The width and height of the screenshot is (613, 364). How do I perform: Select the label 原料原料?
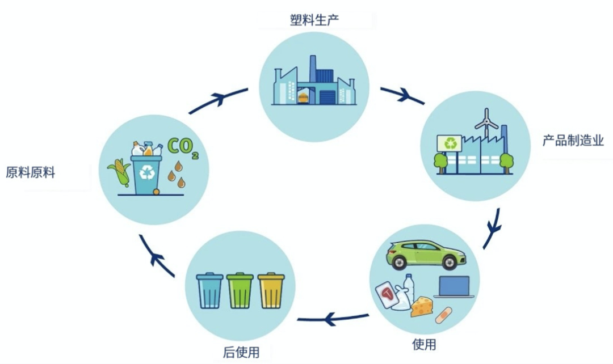point(31,172)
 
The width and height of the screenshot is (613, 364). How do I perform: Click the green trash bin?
point(240,290)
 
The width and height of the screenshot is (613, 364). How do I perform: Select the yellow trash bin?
point(271,290)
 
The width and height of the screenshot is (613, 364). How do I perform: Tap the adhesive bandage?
point(443,314)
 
